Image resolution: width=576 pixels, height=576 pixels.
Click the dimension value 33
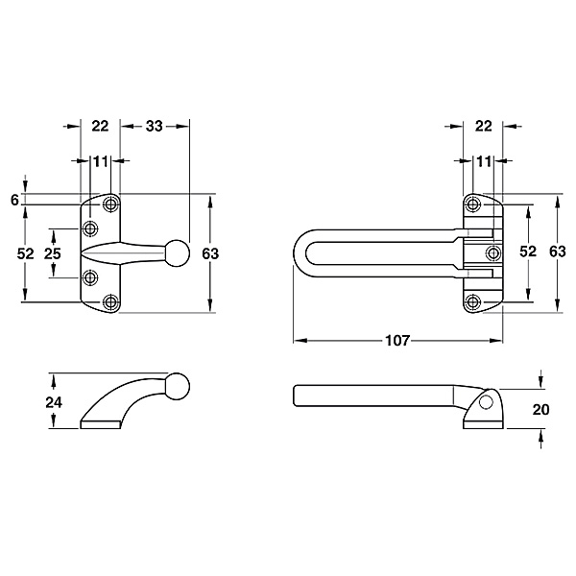154,127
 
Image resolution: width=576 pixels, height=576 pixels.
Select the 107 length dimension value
397,341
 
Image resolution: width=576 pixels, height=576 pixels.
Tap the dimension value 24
54,402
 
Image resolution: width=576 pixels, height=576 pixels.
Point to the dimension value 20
540,409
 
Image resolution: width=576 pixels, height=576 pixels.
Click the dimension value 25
52,253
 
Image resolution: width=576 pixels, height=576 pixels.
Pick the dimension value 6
14,201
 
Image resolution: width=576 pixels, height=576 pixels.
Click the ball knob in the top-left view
178,253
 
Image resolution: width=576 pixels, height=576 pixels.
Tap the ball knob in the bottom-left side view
178,386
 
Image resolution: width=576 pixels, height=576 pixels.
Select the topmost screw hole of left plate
110,204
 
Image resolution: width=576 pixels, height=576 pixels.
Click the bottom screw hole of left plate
110,302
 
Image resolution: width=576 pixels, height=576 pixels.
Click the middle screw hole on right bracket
493,252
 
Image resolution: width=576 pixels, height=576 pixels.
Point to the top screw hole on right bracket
472,204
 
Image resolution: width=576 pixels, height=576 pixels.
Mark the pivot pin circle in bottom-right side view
486,402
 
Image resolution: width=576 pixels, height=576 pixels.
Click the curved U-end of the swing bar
300,252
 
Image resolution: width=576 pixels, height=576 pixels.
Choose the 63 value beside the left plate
210,253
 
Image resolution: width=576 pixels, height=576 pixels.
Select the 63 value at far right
557,252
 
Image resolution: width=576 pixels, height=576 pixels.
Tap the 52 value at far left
25,253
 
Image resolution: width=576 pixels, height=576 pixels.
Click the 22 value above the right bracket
483,127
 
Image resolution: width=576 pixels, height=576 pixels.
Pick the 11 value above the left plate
101,161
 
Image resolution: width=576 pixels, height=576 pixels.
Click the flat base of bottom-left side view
100,424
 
